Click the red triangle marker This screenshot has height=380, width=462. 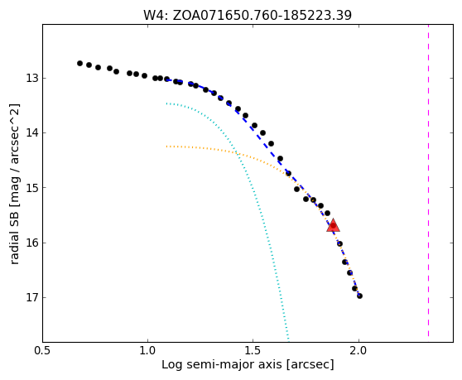(333, 225)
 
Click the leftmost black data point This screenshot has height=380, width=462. (79, 63)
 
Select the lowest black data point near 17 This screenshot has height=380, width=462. (359, 296)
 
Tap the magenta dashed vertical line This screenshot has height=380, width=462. (428, 180)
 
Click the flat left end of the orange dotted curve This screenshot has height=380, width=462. (167, 146)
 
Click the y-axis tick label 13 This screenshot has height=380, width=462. (31, 79)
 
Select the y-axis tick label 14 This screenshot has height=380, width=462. (31, 132)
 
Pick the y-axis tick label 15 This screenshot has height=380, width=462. (31, 187)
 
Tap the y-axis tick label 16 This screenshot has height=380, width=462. (31, 243)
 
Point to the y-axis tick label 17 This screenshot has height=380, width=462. (31, 297)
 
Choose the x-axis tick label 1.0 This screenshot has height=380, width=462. (147, 351)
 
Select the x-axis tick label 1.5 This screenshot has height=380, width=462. (253, 351)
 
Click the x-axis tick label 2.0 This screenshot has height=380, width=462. (359, 351)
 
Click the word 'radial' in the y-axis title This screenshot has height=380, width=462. (14, 250)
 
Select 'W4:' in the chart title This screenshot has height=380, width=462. (156, 16)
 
